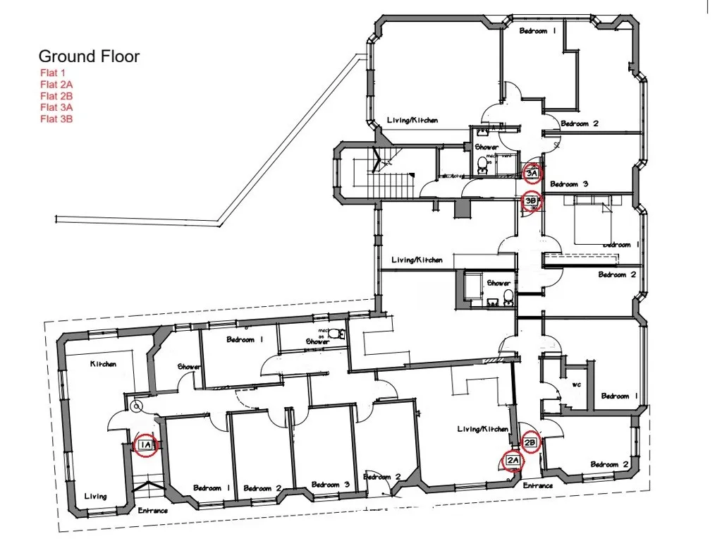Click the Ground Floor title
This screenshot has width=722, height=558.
point(89,56)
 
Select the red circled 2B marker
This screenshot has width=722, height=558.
point(531,443)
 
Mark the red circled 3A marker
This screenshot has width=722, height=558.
point(532,171)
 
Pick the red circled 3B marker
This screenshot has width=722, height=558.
point(532,201)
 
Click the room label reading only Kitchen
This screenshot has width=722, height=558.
point(103,364)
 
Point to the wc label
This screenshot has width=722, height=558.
point(576,385)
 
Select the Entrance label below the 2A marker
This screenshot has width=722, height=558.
point(538,485)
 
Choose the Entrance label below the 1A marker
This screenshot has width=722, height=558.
point(153,510)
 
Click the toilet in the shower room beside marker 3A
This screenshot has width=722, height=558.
point(483,164)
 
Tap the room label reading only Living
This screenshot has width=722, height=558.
point(96,496)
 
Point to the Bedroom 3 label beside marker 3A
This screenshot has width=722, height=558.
point(569,184)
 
